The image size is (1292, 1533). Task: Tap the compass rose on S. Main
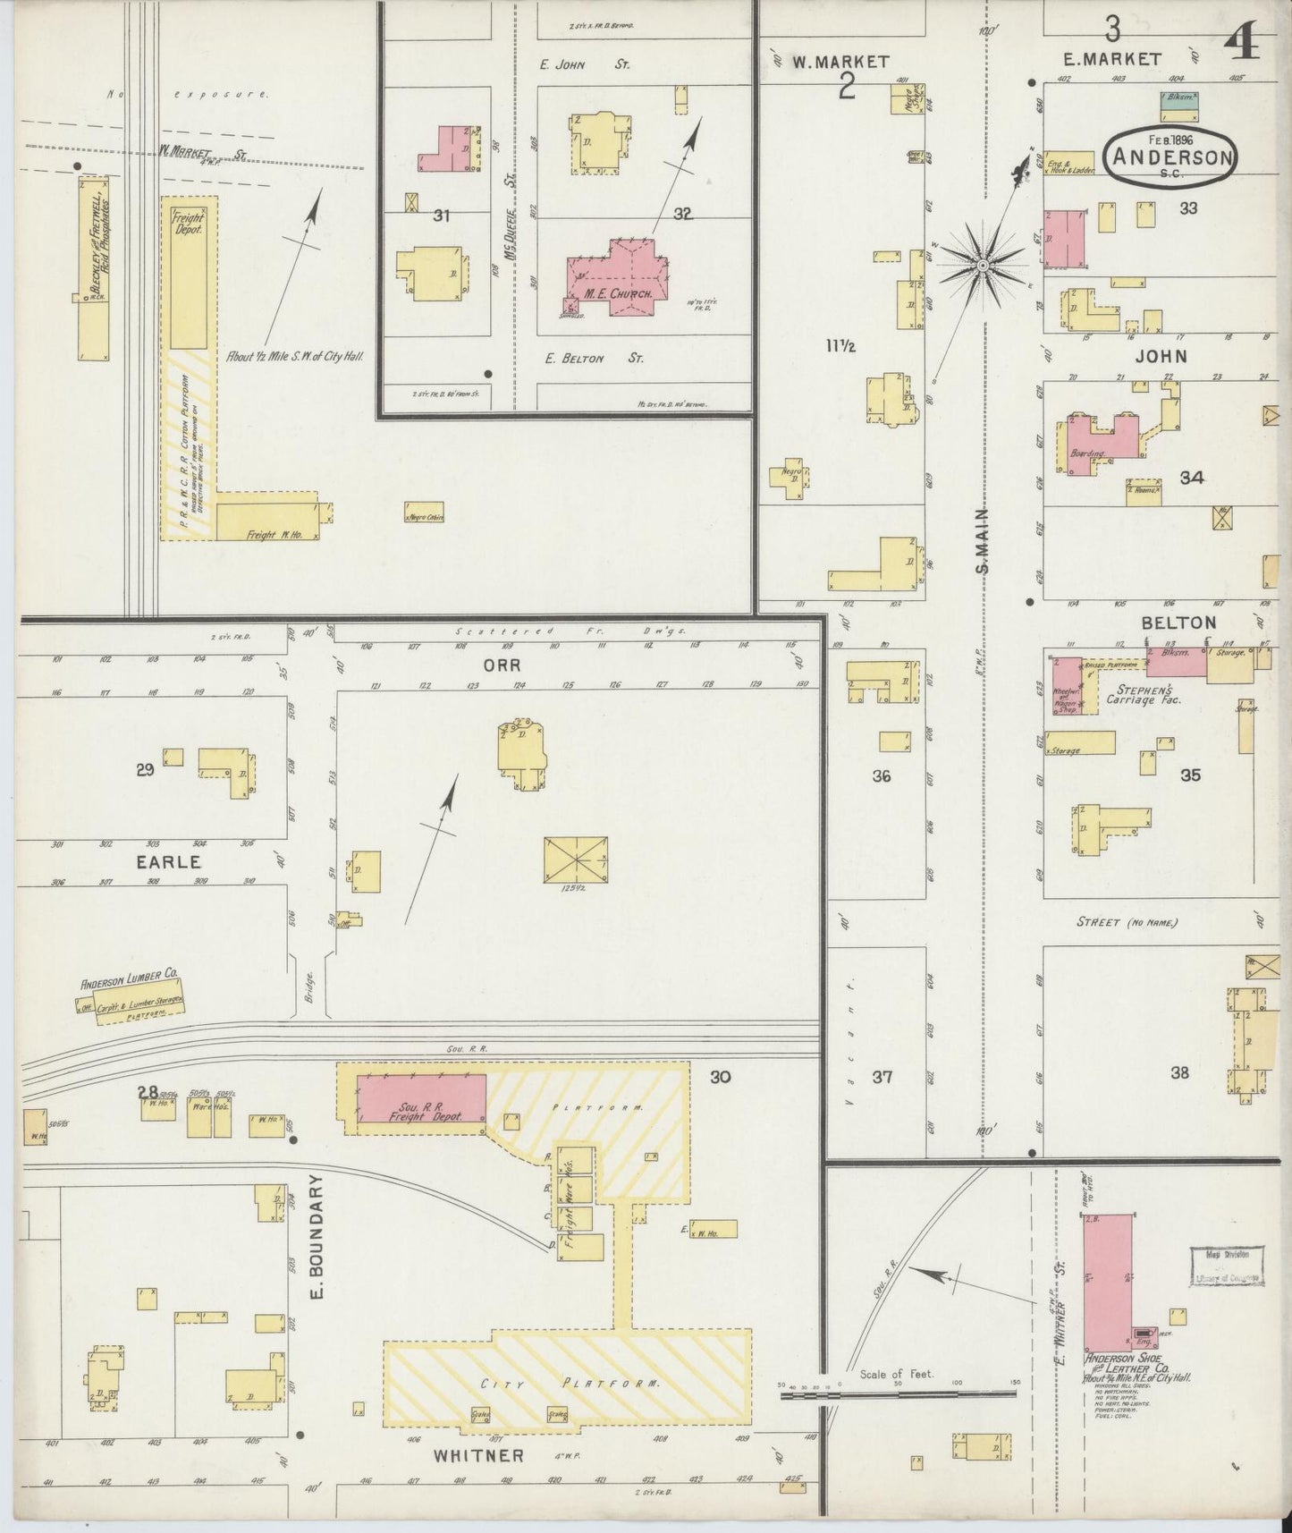[x=982, y=266]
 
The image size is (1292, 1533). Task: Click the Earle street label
[x=168, y=862]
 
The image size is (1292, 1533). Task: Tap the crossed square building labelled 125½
[x=576, y=860]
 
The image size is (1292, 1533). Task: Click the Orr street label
[x=502, y=665]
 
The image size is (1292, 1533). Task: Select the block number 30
[x=720, y=1077]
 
